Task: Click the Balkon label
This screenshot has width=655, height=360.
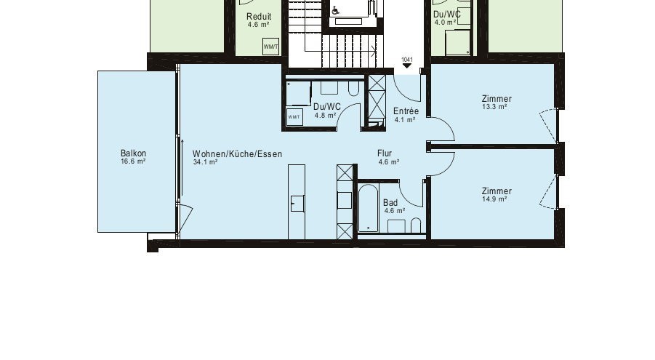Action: [x=133, y=153]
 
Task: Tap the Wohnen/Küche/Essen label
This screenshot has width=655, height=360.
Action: [x=237, y=154]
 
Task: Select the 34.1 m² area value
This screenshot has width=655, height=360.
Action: [x=205, y=163]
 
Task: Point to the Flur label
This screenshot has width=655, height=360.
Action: [x=385, y=153]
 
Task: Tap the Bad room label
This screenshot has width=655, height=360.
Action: [x=390, y=203]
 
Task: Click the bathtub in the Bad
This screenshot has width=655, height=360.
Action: [x=368, y=208]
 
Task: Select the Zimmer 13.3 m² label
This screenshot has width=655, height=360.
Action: [x=496, y=99]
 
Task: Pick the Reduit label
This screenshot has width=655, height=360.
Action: [x=259, y=17]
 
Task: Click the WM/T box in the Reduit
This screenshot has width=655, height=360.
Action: [x=270, y=47]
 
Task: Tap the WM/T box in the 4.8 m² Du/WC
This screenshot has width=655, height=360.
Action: [x=294, y=117]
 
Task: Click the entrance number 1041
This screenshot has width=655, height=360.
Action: [x=406, y=60]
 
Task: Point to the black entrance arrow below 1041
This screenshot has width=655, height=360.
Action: [x=406, y=68]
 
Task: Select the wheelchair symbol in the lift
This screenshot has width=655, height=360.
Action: [x=336, y=11]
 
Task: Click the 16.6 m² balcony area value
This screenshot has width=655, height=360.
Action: [x=133, y=161]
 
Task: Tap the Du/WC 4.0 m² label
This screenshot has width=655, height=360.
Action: [x=446, y=14]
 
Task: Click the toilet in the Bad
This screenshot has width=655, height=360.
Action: [x=416, y=225]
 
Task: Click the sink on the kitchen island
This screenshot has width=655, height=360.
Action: [x=297, y=204]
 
